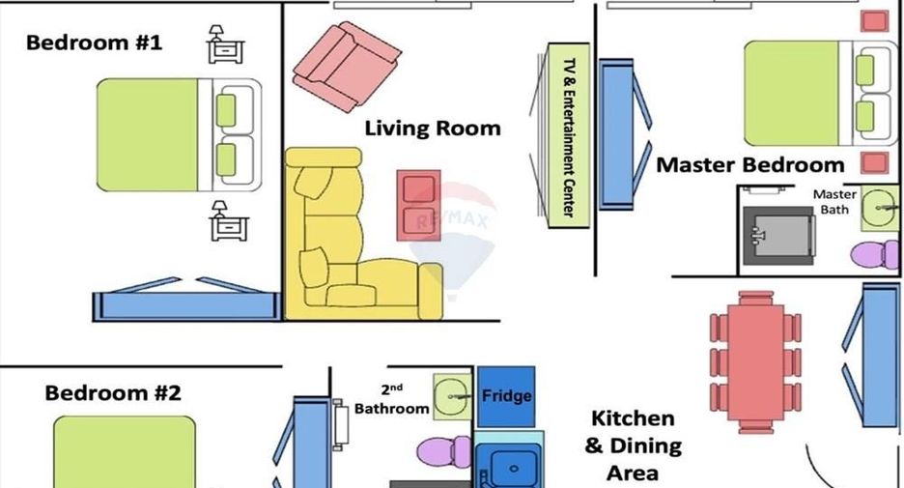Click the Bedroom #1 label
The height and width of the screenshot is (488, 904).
pos(95,43)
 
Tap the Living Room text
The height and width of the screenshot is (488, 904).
pos(433,129)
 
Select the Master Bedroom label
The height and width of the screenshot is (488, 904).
pos(750,165)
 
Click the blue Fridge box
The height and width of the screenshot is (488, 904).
pos(506,396)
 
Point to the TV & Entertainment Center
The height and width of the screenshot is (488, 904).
pos(569,135)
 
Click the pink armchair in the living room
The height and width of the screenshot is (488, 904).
pos(347,67)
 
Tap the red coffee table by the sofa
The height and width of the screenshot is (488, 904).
pos(418,206)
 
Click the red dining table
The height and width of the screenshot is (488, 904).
pos(756,362)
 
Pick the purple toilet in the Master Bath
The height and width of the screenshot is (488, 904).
pos(874,255)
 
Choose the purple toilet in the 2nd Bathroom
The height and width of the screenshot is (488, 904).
pos(443,451)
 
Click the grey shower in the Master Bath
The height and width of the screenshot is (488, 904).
pos(778,236)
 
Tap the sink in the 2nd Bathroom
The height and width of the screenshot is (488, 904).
pos(453,396)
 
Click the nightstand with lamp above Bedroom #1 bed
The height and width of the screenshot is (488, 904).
pos(225,44)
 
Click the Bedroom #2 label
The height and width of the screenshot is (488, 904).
pos(113,393)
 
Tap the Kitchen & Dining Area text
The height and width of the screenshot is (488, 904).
pos(633,445)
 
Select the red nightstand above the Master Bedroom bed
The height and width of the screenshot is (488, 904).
pos(875,21)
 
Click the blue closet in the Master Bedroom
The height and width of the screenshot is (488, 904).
pos(616,133)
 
